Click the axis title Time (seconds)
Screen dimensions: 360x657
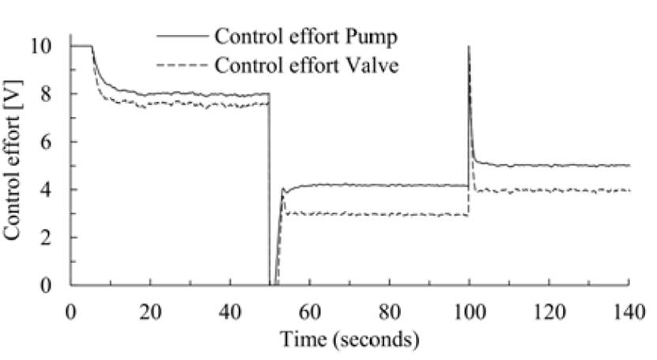[x=349, y=340]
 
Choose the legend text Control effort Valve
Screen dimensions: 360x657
[x=307, y=66]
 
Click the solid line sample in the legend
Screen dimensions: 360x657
[x=182, y=36]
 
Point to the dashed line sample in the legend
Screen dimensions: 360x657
[x=182, y=65]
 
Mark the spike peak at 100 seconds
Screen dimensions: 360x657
[x=470, y=47]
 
